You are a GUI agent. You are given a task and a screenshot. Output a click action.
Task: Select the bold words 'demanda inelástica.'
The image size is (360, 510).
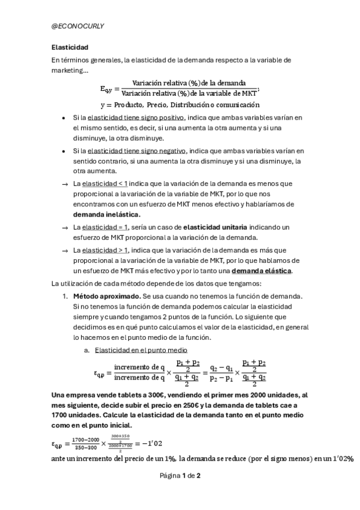[x=106, y=214]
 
